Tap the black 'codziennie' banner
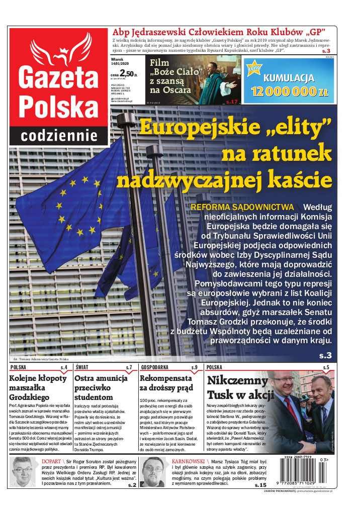pyautogui.click(x=59, y=135)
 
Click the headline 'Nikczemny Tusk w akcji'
pyautogui.click(x=238, y=386)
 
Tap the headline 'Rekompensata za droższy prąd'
pyautogui.click(x=166, y=383)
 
